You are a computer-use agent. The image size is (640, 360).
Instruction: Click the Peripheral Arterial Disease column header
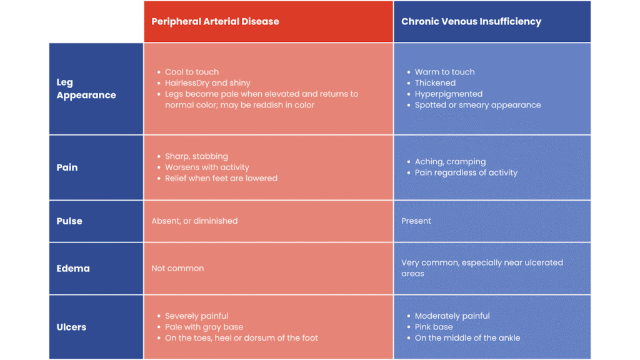tap(215, 22)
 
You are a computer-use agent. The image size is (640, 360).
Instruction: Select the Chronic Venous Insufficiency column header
tap(471, 22)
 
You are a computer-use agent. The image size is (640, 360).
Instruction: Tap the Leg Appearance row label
tap(86, 89)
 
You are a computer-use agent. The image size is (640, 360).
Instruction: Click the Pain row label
tap(67, 167)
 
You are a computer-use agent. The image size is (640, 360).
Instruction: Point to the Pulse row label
tap(69, 221)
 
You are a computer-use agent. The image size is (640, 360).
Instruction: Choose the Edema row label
tap(73, 268)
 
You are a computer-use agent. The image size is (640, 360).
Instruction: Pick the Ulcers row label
tap(71, 327)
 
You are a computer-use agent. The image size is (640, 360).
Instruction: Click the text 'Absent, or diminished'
tap(194, 221)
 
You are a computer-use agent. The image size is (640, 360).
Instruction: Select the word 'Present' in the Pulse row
tap(416, 221)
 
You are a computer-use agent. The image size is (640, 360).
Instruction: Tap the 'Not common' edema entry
tap(177, 268)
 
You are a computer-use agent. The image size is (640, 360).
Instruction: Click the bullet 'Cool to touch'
tap(192, 72)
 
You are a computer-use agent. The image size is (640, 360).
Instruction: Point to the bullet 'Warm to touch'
tap(444, 72)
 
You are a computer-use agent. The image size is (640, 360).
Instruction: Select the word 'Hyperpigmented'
tap(449, 94)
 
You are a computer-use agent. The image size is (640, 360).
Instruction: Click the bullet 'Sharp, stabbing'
tap(196, 156)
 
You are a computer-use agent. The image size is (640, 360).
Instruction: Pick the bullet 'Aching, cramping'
tap(450, 162)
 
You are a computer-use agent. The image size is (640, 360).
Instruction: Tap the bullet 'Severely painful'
tap(196, 316)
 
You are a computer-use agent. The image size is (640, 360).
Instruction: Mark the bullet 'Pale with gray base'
tap(204, 327)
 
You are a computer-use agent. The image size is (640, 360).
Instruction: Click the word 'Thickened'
tap(435, 83)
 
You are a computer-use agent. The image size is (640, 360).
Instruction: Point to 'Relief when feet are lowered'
tap(221, 178)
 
